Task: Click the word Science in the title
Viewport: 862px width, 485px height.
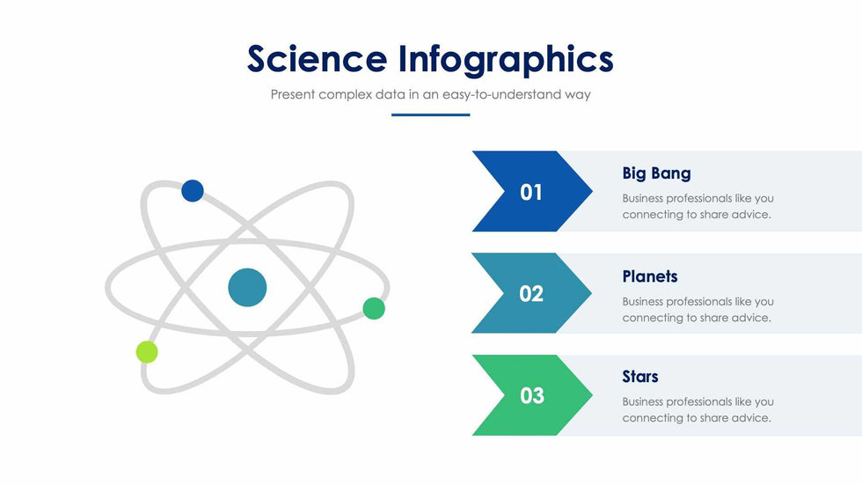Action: pyautogui.click(x=318, y=58)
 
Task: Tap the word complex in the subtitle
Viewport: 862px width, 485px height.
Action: pyautogui.click(x=345, y=94)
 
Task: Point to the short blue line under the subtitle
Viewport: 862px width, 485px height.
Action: pyautogui.click(x=430, y=114)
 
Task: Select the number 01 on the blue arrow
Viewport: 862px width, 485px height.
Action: pyautogui.click(x=531, y=193)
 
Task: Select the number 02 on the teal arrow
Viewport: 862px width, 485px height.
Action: pyautogui.click(x=531, y=294)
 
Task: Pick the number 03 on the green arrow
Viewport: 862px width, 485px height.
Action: pyautogui.click(x=531, y=396)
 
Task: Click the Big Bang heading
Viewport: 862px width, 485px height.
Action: pyautogui.click(x=656, y=173)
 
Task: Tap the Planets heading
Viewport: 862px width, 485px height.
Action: pyautogui.click(x=650, y=276)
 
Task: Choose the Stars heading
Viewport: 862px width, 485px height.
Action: pyautogui.click(x=640, y=377)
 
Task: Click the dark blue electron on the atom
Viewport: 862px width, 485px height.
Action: pyautogui.click(x=193, y=191)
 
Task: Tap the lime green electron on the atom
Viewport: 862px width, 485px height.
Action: pyautogui.click(x=147, y=352)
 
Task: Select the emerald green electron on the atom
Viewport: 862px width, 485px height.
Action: pyautogui.click(x=374, y=308)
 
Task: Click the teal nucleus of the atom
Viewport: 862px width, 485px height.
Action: pyautogui.click(x=247, y=287)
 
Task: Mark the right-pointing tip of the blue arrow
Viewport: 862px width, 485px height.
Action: pyautogui.click(x=592, y=191)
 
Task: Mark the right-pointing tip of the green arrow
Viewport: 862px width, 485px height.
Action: pyautogui.click(x=592, y=395)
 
